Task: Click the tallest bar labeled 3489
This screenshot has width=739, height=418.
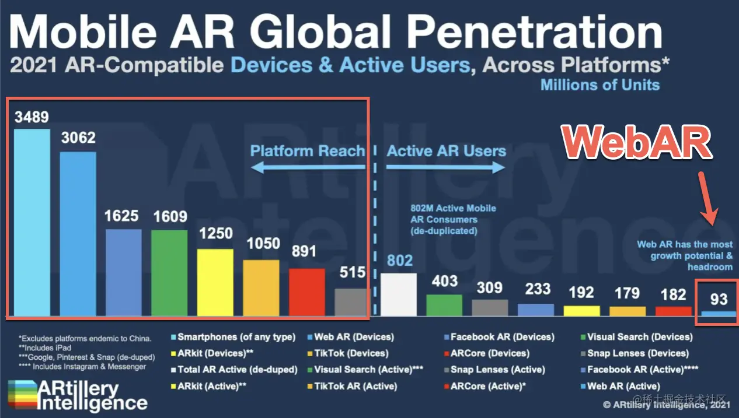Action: pos(32,222)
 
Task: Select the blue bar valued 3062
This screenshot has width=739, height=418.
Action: pos(78,234)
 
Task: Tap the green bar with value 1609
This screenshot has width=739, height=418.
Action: pos(169,273)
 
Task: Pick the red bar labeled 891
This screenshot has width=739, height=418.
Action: pos(307,292)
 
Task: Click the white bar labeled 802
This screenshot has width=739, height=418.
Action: pos(399,294)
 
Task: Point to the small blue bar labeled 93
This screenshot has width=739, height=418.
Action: pos(719,314)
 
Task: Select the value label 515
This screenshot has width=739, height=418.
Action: pos(353,272)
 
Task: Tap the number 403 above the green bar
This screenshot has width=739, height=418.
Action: pos(444,281)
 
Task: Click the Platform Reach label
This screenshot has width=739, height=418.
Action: pos(307,152)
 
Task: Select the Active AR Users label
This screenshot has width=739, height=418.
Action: pos(446,152)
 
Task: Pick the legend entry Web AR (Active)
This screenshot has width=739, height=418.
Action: pos(623,386)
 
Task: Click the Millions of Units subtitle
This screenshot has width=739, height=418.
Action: pos(599,85)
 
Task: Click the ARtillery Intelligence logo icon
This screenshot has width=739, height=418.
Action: pos(20,395)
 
